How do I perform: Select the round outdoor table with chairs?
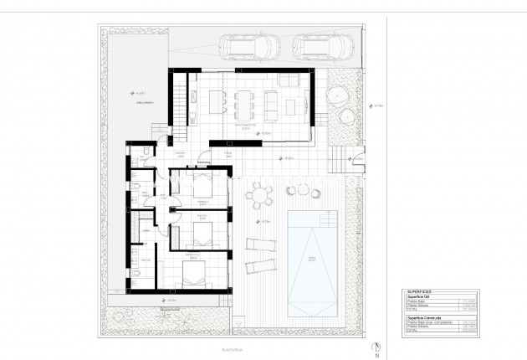click(259, 197)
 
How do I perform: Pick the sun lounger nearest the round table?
click(258, 245)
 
